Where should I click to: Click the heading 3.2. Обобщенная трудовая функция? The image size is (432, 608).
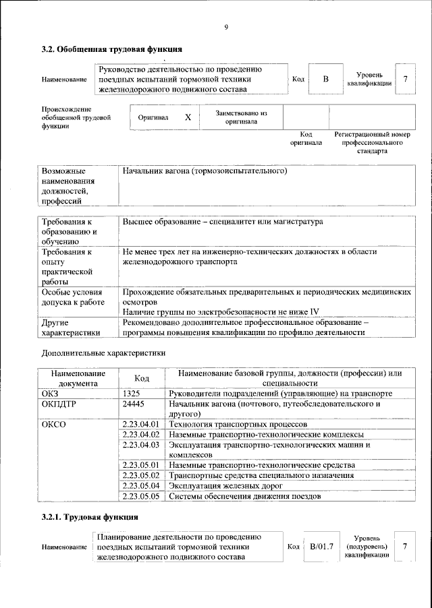(x=111, y=49)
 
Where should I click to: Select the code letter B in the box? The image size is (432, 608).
(x=325, y=80)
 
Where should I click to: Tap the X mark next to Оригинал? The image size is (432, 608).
(x=188, y=117)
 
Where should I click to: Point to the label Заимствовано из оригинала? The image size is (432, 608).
(x=241, y=118)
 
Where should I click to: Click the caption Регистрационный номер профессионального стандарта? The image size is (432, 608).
(x=372, y=143)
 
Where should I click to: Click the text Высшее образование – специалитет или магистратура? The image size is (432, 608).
(x=223, y=222)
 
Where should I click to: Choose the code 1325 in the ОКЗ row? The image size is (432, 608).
(x=132, y=393)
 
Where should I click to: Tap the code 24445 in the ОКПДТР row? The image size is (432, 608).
(x=135, y=404)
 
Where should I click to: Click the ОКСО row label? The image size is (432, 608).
(x=55, y=425)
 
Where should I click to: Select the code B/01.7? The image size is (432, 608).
(x=321, y=546)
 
